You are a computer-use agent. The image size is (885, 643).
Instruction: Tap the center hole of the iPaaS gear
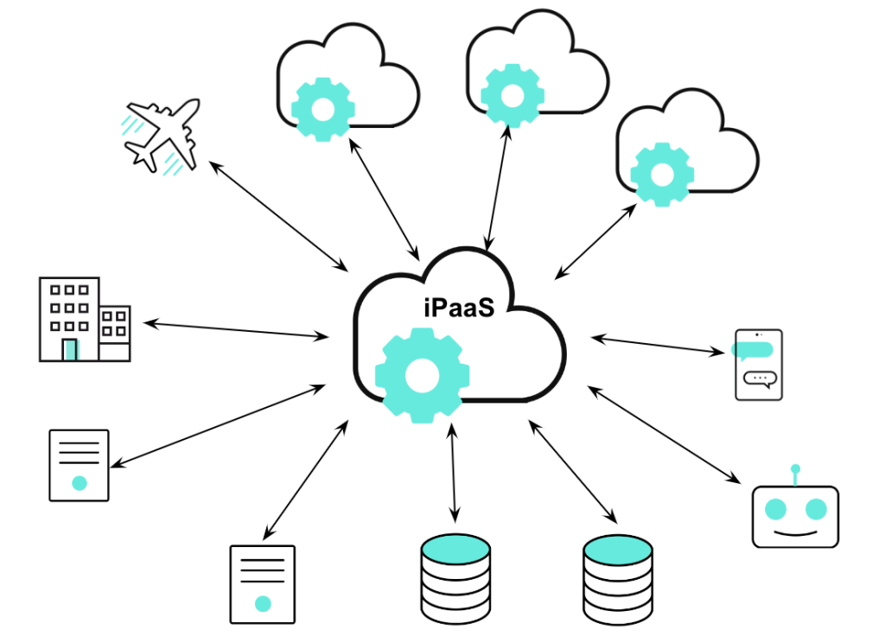(x=423, y=375)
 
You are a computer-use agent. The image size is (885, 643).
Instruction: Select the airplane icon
(x=162, y=135)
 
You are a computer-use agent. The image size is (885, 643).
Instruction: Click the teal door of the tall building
(x=71, y=349)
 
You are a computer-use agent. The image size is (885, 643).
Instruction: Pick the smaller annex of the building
(x=115, y=332)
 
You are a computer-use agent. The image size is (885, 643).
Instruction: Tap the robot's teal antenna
(x=795, y=472)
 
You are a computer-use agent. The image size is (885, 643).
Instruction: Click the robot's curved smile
(x=795, y=531)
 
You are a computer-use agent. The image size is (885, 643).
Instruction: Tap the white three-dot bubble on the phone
(x=760, y=378)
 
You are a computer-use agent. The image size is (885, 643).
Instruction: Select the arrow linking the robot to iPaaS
(x=665, y=436)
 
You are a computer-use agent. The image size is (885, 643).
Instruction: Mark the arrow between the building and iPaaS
(x=237, y=329)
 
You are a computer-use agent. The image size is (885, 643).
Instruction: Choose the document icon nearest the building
(x=79, y=465)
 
